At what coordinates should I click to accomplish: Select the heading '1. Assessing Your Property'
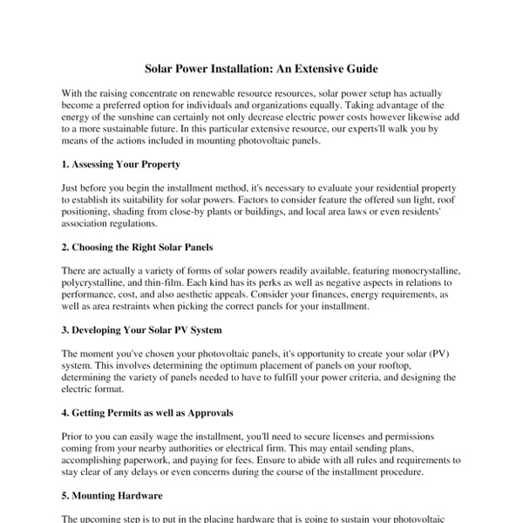122,164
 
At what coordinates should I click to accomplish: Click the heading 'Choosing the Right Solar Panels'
144,247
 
